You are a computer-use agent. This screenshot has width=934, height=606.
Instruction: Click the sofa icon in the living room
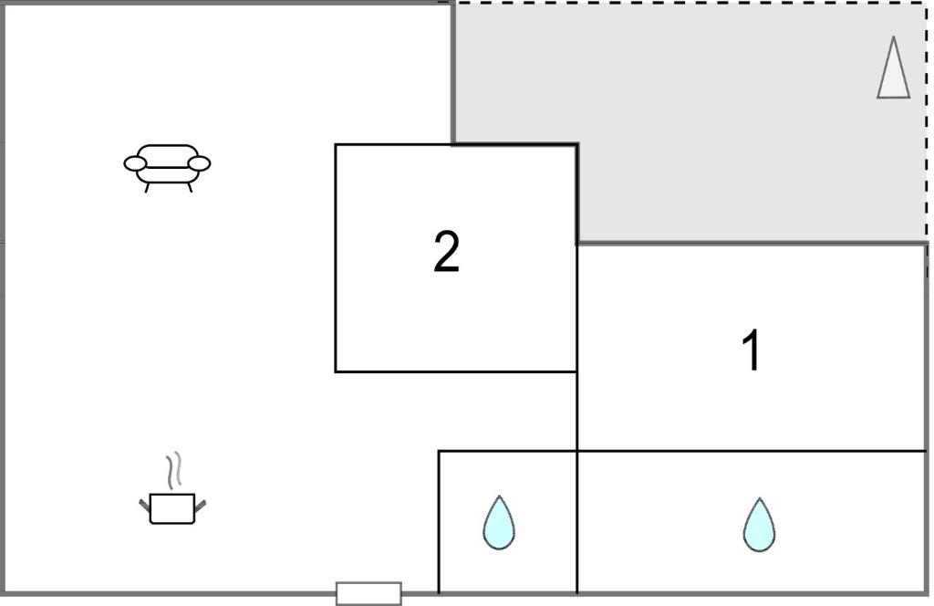tap(167, 168)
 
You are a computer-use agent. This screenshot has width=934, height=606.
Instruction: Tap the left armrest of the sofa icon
tap(135, 163)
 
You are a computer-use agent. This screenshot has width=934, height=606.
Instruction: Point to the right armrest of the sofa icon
tap(199, 163)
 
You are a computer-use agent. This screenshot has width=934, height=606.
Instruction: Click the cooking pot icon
tap(172, 508)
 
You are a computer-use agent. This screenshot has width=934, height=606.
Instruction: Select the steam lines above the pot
tap(173, 471)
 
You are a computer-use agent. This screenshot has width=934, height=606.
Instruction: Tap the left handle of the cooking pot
tap(145, 506)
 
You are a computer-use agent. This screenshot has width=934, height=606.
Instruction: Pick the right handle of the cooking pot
tap(200, 506)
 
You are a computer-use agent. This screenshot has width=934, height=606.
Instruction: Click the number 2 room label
tap(446, 252)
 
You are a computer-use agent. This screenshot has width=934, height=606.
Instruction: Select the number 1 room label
tap(752, 350)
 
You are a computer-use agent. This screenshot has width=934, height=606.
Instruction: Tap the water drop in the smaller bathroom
tap(499, 523)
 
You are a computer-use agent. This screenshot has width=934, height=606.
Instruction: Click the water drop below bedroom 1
tap(760, 525)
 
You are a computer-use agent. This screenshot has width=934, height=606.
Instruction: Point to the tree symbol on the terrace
tap(894, 67)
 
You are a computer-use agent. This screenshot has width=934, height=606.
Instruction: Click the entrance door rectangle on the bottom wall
tap(368, 593)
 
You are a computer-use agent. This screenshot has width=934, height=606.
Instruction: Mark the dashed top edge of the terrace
tap(691, 3)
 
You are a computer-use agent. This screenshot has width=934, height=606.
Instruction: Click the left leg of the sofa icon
tap(147, 187)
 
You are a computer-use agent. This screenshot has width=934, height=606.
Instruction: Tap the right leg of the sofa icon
tap(190, 187)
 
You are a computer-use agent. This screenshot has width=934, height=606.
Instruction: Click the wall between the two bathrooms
tap(576, 522)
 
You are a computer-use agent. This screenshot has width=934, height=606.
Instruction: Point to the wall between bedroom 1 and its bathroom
tap(752, 451)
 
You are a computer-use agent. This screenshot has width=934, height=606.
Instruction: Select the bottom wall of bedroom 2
tap(456, 371)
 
